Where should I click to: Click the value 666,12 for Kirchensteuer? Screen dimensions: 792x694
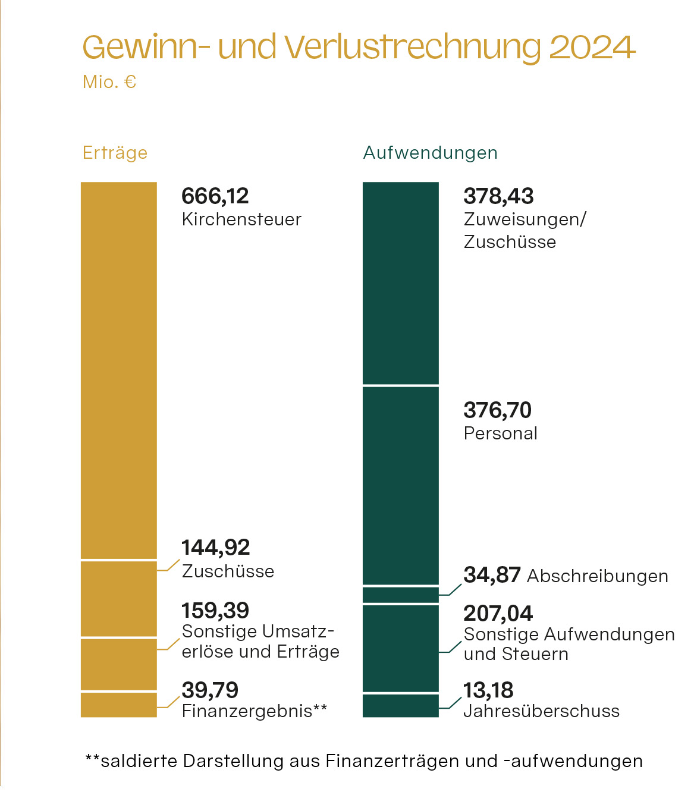pos(215,196)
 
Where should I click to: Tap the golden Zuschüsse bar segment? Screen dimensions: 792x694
pos(119,598)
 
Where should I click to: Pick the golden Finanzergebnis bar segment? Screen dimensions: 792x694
pos(119,705)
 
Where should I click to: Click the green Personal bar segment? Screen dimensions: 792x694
pos(400,485)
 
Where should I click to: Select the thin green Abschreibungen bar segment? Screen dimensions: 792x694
pos(400,595)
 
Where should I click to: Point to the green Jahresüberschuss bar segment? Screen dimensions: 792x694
pos(400,706)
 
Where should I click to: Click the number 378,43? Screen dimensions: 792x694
pos(498,196)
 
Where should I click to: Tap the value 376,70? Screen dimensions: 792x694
pos(497,410)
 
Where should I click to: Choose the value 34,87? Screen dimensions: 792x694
pos(492,575)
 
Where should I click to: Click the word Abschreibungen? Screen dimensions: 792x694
pos(597,576)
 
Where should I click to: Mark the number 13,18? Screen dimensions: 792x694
pos(488,690)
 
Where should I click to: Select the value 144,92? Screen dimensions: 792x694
pos(215,548)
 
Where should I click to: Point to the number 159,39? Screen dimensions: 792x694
pos(215,611)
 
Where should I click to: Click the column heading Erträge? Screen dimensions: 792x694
pos(115,153)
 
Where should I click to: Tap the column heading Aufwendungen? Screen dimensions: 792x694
pos(430,153)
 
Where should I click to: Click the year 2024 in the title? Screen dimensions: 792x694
pos(592,47)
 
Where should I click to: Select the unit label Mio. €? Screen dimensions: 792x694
pos(109,81)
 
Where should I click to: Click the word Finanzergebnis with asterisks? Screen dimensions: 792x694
pos(254,711)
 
